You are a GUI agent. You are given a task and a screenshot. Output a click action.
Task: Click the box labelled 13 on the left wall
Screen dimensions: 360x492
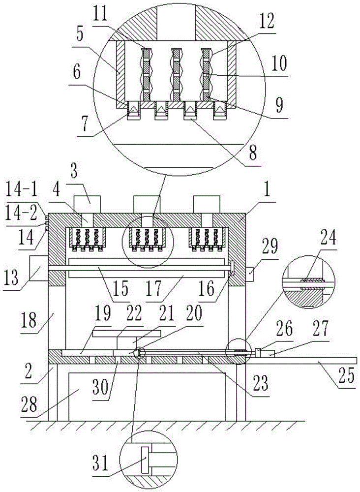click(38, 268)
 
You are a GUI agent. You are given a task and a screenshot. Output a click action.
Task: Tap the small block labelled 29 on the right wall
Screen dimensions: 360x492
click(249, 271)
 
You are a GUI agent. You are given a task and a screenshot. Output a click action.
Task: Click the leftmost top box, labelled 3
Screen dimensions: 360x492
click(87, 204)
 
